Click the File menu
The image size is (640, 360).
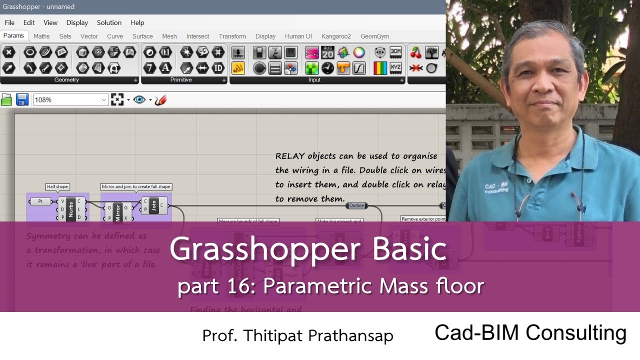(x=9, y=22)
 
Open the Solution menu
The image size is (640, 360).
(x=109, y=22)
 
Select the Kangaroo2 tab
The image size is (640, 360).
(x=336, y=36)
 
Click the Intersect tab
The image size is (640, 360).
(x=197, y=36)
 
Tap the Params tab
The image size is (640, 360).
(x=13, y=35)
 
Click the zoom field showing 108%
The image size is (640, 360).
(x=70, y=100)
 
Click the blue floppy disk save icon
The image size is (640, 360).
(x=22, y=99)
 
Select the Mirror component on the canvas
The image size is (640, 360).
(x=118, y=212)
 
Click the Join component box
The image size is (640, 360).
(x=154, y=205)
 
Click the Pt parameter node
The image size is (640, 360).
(x=41, y=201)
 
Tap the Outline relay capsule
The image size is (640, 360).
(x=356, y=205)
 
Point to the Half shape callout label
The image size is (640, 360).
(x=57, y=186)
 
